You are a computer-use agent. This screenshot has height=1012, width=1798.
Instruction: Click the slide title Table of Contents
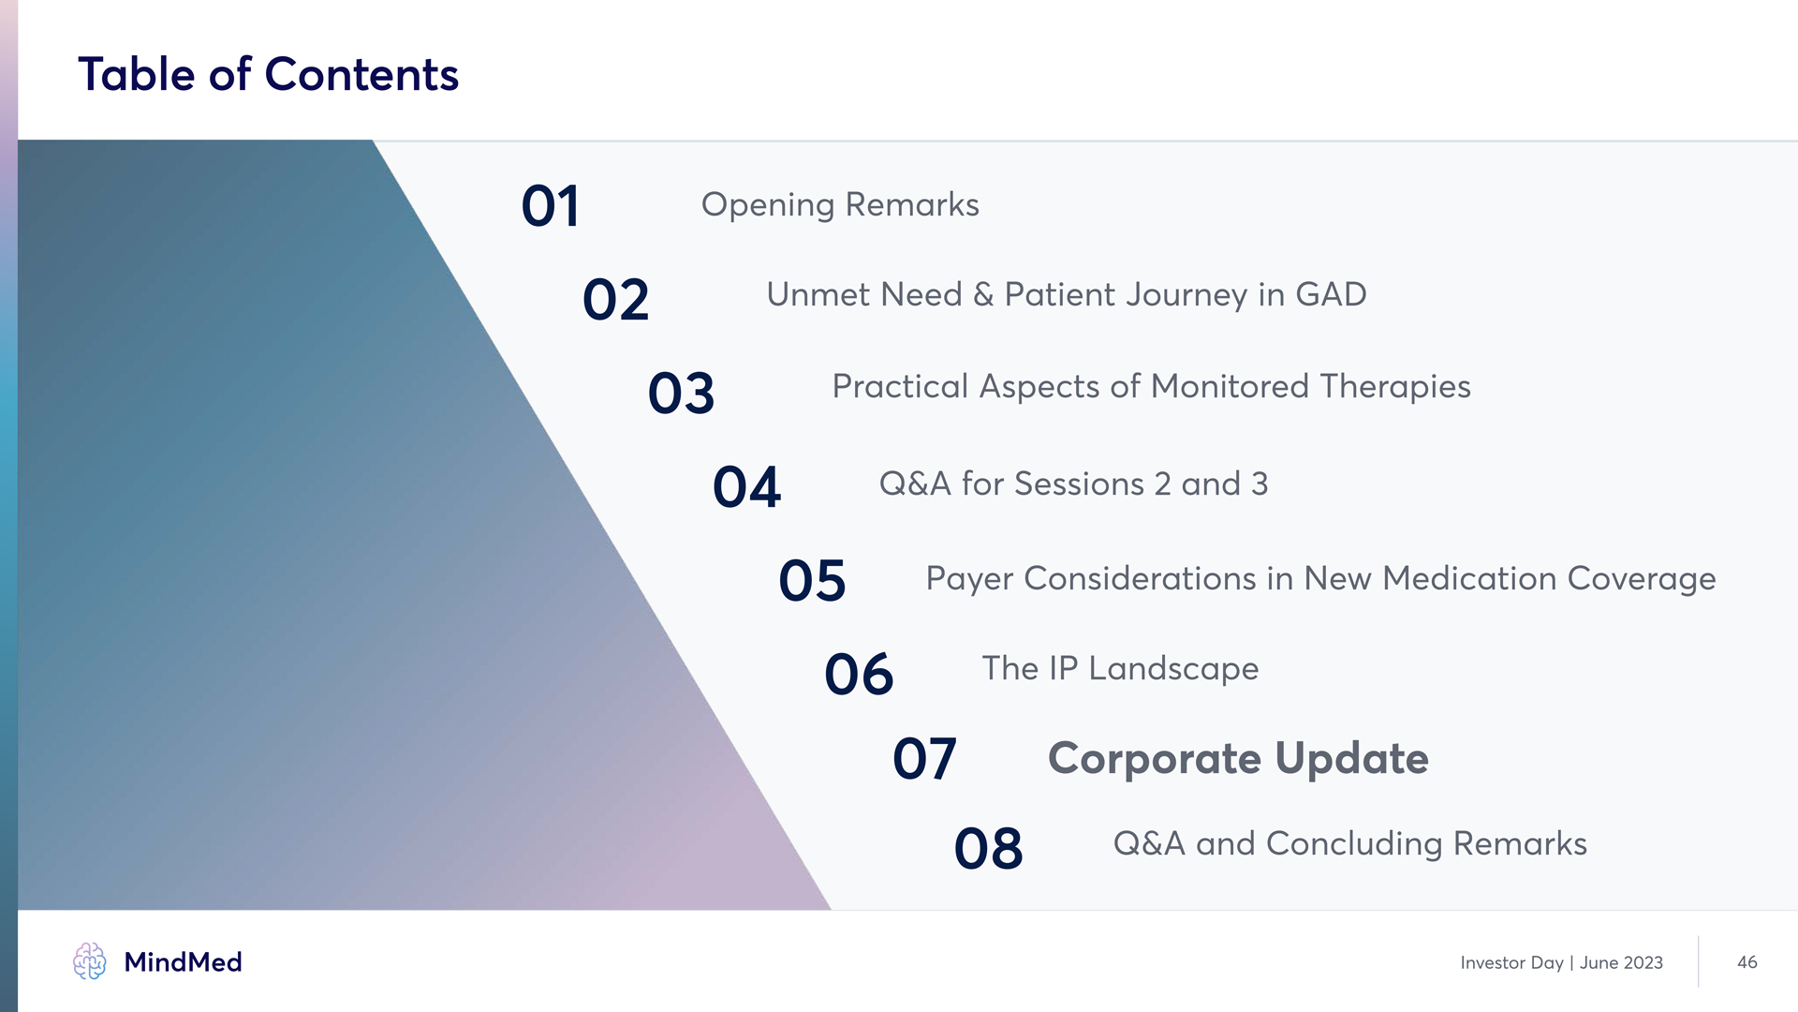pyautogui.click(x=268, y=74)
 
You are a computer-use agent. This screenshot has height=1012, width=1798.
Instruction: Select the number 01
pyautogui.click(x=551, y=206)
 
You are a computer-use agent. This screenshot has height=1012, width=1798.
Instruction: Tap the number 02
pyautogui.click(x=615, y=300)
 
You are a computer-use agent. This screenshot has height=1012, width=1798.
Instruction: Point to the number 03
pyautogui.click(x=681, y=394)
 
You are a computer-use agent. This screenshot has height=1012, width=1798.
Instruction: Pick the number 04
pyautogui.click(x=746, y=487)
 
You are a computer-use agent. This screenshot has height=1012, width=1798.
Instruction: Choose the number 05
pyautogui.click(x=812, y=581)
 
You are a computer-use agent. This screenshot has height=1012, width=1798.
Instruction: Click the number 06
pyautogui.click(x=859, y=675)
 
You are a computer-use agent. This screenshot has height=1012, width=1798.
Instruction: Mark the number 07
pyautogui.click(x=924, y=758)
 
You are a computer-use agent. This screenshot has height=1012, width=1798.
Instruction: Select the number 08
pyautogui.click(x=988, y=849)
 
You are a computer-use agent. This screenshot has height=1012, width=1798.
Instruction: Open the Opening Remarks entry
pyautogui.click(x=840, y=205)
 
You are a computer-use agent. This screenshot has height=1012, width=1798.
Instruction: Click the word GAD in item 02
pyautogui.click(x=1331, y=294)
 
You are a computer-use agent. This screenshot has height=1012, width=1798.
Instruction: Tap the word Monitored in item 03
pyautogui.click(x=1230, y=386)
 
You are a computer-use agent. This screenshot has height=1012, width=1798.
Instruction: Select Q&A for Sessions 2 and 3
pyautogui.click(x=1073, y=484)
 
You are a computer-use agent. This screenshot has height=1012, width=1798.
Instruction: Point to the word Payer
pyautogui.click(x=969, y=579)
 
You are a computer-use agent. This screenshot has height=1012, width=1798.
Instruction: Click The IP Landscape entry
pyautogui.click(x=1120, y=669)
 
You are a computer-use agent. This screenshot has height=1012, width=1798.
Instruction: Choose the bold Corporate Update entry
pyautogui.click(x=1238, y=759)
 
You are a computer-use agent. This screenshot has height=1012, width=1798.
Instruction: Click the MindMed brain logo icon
pyautogui.click(x=90, y=961)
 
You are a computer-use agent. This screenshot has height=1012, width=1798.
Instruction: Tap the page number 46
pyautogui.click(x=1746, y=962)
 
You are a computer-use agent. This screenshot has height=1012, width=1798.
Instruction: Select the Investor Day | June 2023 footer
pyautogui.click(x=1561, y=963)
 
